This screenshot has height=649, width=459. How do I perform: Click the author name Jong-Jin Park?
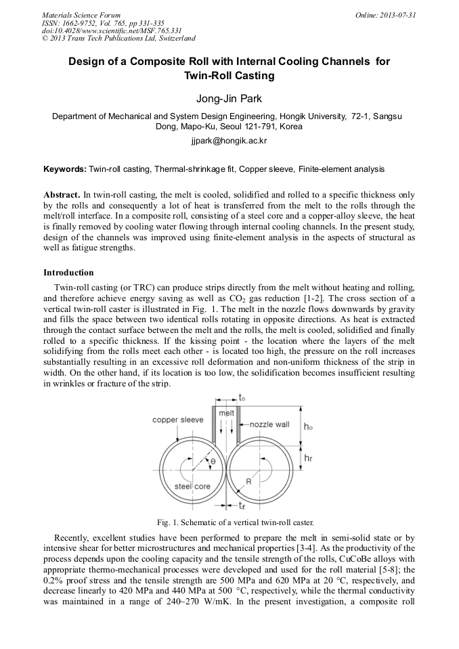[x=229, y=99]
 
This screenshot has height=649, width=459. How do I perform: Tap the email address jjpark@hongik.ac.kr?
[x=229, y=142]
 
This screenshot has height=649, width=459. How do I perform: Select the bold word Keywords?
[x=65, y=169]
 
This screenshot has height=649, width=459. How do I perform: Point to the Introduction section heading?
[x=68, y=273]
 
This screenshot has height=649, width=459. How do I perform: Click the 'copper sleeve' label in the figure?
[x=177, y=420]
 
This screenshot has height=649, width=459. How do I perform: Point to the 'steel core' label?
[x=192, y=486]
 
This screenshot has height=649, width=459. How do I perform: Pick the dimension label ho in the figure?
[x=308, y=426]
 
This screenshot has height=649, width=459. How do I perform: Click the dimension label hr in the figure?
[x=308, y=458]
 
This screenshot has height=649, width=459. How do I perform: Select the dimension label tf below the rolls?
[x=242, y=506]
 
